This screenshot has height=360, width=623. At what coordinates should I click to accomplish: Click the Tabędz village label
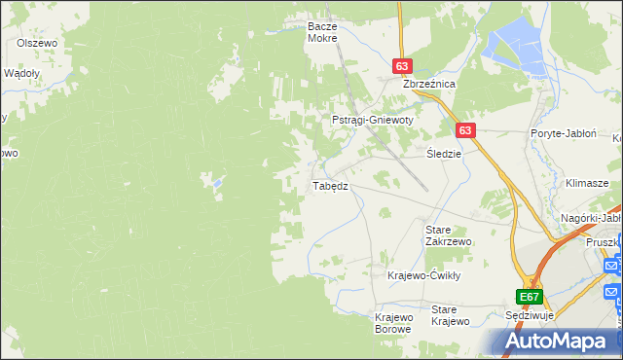point(329,185)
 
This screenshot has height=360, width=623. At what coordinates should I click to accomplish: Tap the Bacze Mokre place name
point(321,32)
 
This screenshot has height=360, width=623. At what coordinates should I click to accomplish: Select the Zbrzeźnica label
point(429,85)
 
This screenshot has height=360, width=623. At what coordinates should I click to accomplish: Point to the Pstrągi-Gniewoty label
point(373,120)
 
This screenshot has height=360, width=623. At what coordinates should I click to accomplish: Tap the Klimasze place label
point(587,183)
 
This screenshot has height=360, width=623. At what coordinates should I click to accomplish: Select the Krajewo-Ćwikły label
point(423,275)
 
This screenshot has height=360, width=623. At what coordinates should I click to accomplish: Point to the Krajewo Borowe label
point(394,323)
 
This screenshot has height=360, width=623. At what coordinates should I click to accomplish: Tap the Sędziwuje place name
point(531,317)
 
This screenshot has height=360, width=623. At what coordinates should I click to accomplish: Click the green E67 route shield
point(529,297)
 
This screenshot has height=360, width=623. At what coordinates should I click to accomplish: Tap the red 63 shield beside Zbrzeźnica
point(403,65)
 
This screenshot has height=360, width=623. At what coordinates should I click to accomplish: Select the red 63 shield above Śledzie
point(464,129)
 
